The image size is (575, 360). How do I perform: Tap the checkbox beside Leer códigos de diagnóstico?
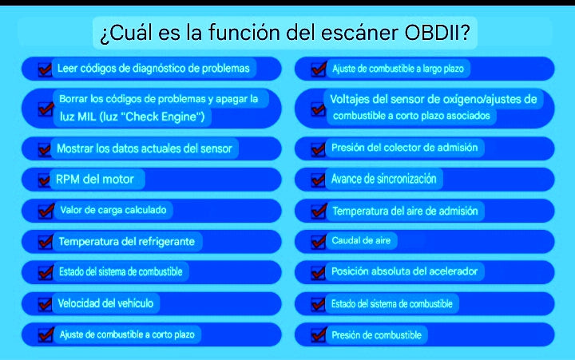(x=45, y=69)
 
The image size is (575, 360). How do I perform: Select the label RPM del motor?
(x=95, y=179)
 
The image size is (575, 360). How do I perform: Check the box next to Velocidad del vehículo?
(x=45, y=304)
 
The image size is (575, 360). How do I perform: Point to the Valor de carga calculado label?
(x=116, y=211)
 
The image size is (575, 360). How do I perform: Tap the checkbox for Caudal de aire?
(x=317, y=241)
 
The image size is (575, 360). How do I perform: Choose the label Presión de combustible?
(x=376, y=335)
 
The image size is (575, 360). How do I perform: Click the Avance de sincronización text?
(x=384, y=179)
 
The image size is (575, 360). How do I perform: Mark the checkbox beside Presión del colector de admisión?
(x=317, y=148)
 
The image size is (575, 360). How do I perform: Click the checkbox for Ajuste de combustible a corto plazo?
(x=45, y=335)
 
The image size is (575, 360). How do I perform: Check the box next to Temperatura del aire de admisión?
(x=317, y=212)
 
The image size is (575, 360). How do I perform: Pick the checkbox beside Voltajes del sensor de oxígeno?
(x=317, y=109)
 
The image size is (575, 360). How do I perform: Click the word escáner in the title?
(x=354, y=33)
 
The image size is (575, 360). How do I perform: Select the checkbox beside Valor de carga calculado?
(x=45, y=212)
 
